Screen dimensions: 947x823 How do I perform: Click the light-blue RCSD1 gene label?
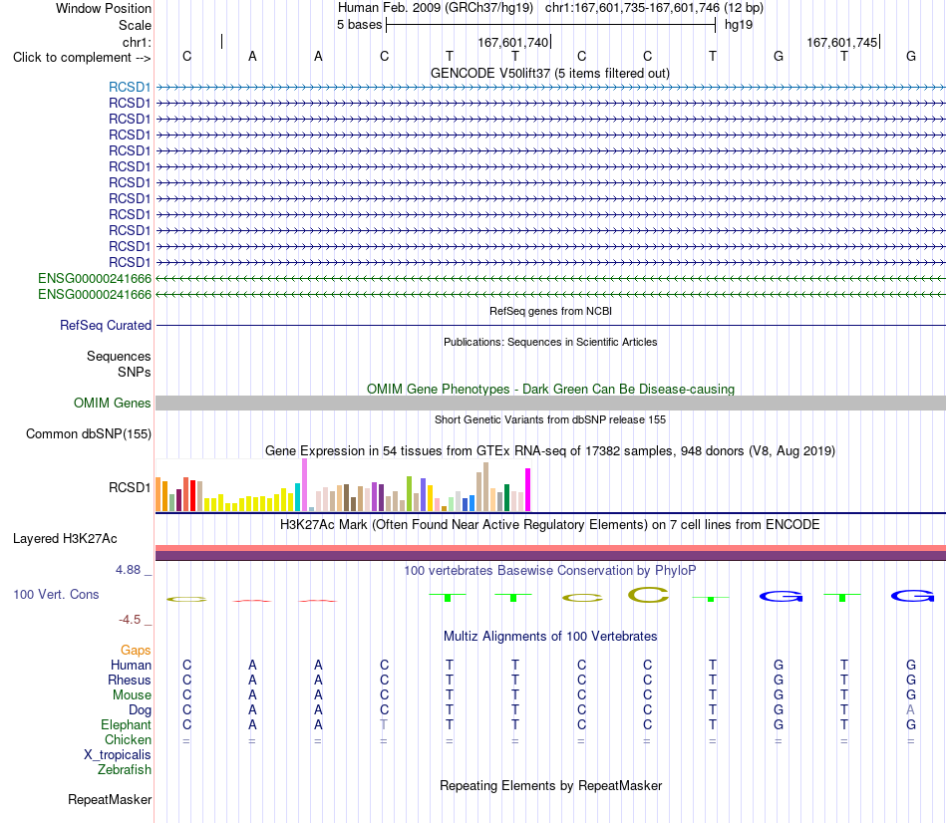pos(130,87)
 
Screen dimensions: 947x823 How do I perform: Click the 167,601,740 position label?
pos(512,42)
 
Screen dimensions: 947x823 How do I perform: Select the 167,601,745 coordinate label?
pos(842,42)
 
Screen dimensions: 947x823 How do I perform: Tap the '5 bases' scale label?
pos(359,25)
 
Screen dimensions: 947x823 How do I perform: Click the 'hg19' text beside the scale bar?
pos(739,25)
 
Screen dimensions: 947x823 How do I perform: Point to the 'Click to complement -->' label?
pos(82,58)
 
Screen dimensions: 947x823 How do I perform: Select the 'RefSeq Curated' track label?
pos(106,325)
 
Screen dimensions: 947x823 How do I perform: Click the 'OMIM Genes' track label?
pos(113,403)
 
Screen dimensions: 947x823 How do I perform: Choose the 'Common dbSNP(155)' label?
pos(89,433)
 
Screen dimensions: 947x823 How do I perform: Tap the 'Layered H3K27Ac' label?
pos(65,539)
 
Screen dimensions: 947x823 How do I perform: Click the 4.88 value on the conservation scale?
pos(128,569)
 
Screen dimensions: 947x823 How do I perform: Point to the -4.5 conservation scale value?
pos(130,620)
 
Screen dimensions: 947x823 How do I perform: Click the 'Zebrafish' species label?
pos(125,770)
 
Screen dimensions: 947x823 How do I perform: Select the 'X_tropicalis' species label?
pos(118,755)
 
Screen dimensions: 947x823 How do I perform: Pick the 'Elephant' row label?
pos(127,724)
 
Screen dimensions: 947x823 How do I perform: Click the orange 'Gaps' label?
pos(136,650)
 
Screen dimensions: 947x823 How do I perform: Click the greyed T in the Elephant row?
pos(384,724)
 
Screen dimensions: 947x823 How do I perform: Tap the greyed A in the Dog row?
pos(911,709)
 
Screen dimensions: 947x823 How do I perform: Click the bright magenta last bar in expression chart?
pos(528,489)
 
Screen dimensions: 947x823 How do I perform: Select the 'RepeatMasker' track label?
pos(110,799)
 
